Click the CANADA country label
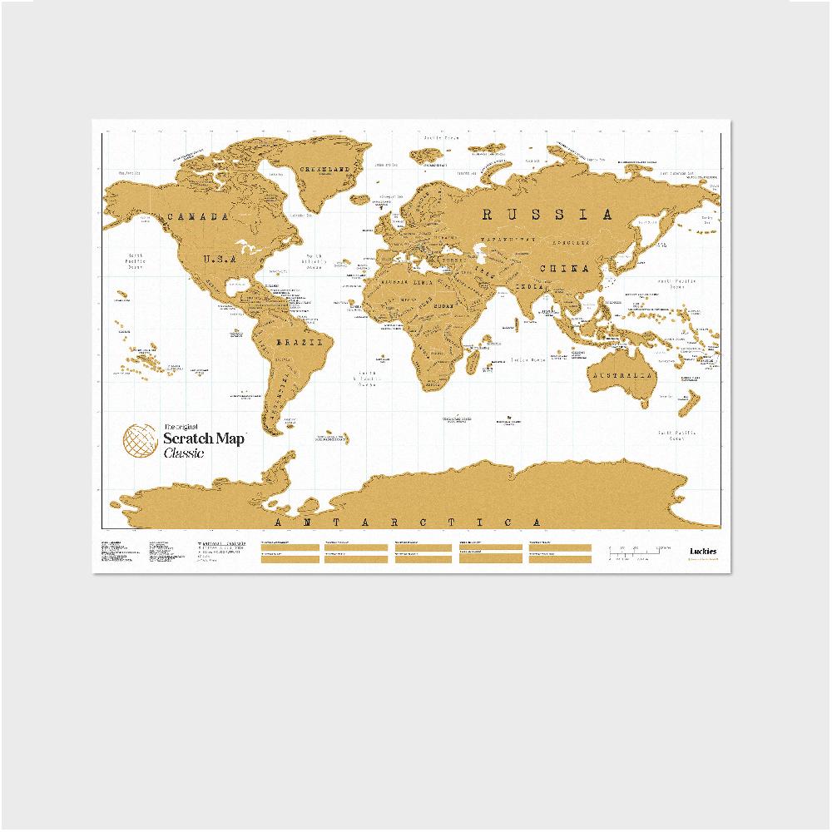click(x=197, y=217)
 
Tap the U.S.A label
click(x=220, y=258)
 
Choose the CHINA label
click(x=563, y=269)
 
